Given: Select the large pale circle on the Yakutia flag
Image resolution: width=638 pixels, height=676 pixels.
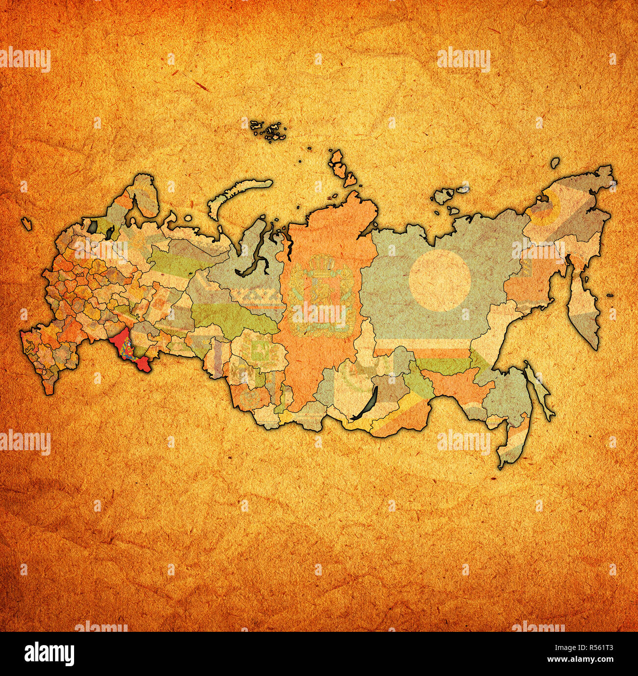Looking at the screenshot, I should pyautogui.click(x=440, y=280).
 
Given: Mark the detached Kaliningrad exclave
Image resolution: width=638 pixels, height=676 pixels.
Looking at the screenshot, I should pyautogui.click(x=27, y=223).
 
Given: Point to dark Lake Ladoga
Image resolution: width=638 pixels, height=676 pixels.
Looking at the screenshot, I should pyautogui.click(x=93, y=226).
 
